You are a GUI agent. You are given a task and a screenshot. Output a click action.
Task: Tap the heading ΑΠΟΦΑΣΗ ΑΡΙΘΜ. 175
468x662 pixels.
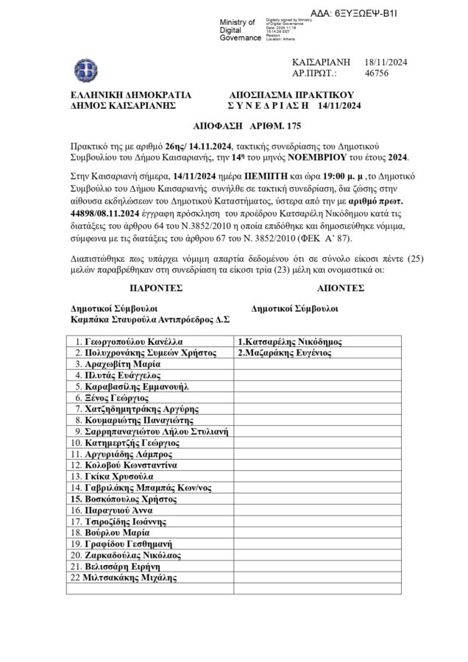click(x=231, y=125)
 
